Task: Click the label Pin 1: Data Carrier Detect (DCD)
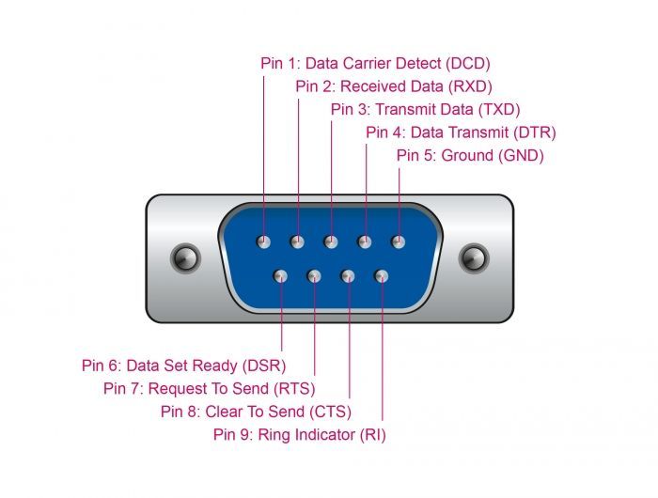coord(375,64)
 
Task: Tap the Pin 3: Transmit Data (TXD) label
coord(425,109)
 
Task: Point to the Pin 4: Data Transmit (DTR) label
coord(461,132)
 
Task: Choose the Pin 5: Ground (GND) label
coord(469,155)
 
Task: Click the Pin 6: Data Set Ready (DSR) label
coord(183,366)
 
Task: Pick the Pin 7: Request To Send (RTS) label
coord(209,388)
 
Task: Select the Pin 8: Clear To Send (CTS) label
coord(255,412)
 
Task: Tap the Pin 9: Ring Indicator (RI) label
coord(299,434)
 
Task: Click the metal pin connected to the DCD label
coord(264,241)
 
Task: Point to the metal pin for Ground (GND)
coord(399,241)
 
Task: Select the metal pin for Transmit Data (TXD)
coord(331,241)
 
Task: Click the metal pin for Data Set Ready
coord(281,276)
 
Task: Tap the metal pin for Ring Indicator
coord(382,276)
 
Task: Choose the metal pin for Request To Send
coord(315,276)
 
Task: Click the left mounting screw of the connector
coord(183,257)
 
